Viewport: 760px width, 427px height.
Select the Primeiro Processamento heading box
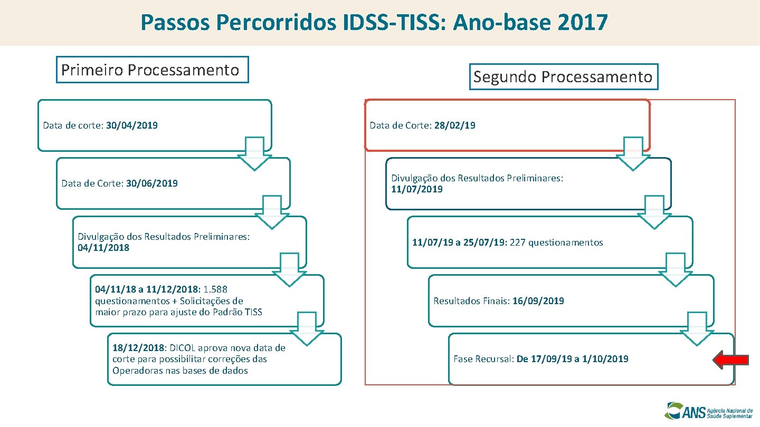coord(152,70)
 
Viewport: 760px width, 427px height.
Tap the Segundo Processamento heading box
coord(563,77)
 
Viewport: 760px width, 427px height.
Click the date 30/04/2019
coord(131,125)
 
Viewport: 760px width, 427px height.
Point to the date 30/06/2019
coord(152,183)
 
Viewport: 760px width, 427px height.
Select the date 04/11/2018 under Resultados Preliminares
coord(103,248)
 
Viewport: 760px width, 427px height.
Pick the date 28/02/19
coord(454,125)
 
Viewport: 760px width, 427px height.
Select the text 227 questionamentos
coord(556,242)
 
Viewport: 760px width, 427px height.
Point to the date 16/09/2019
coord(538,301)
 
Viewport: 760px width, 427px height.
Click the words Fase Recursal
coord(483,359)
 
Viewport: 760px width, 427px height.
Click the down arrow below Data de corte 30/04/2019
coord(254,153)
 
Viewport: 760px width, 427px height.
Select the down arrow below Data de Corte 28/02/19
coord(633,153)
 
